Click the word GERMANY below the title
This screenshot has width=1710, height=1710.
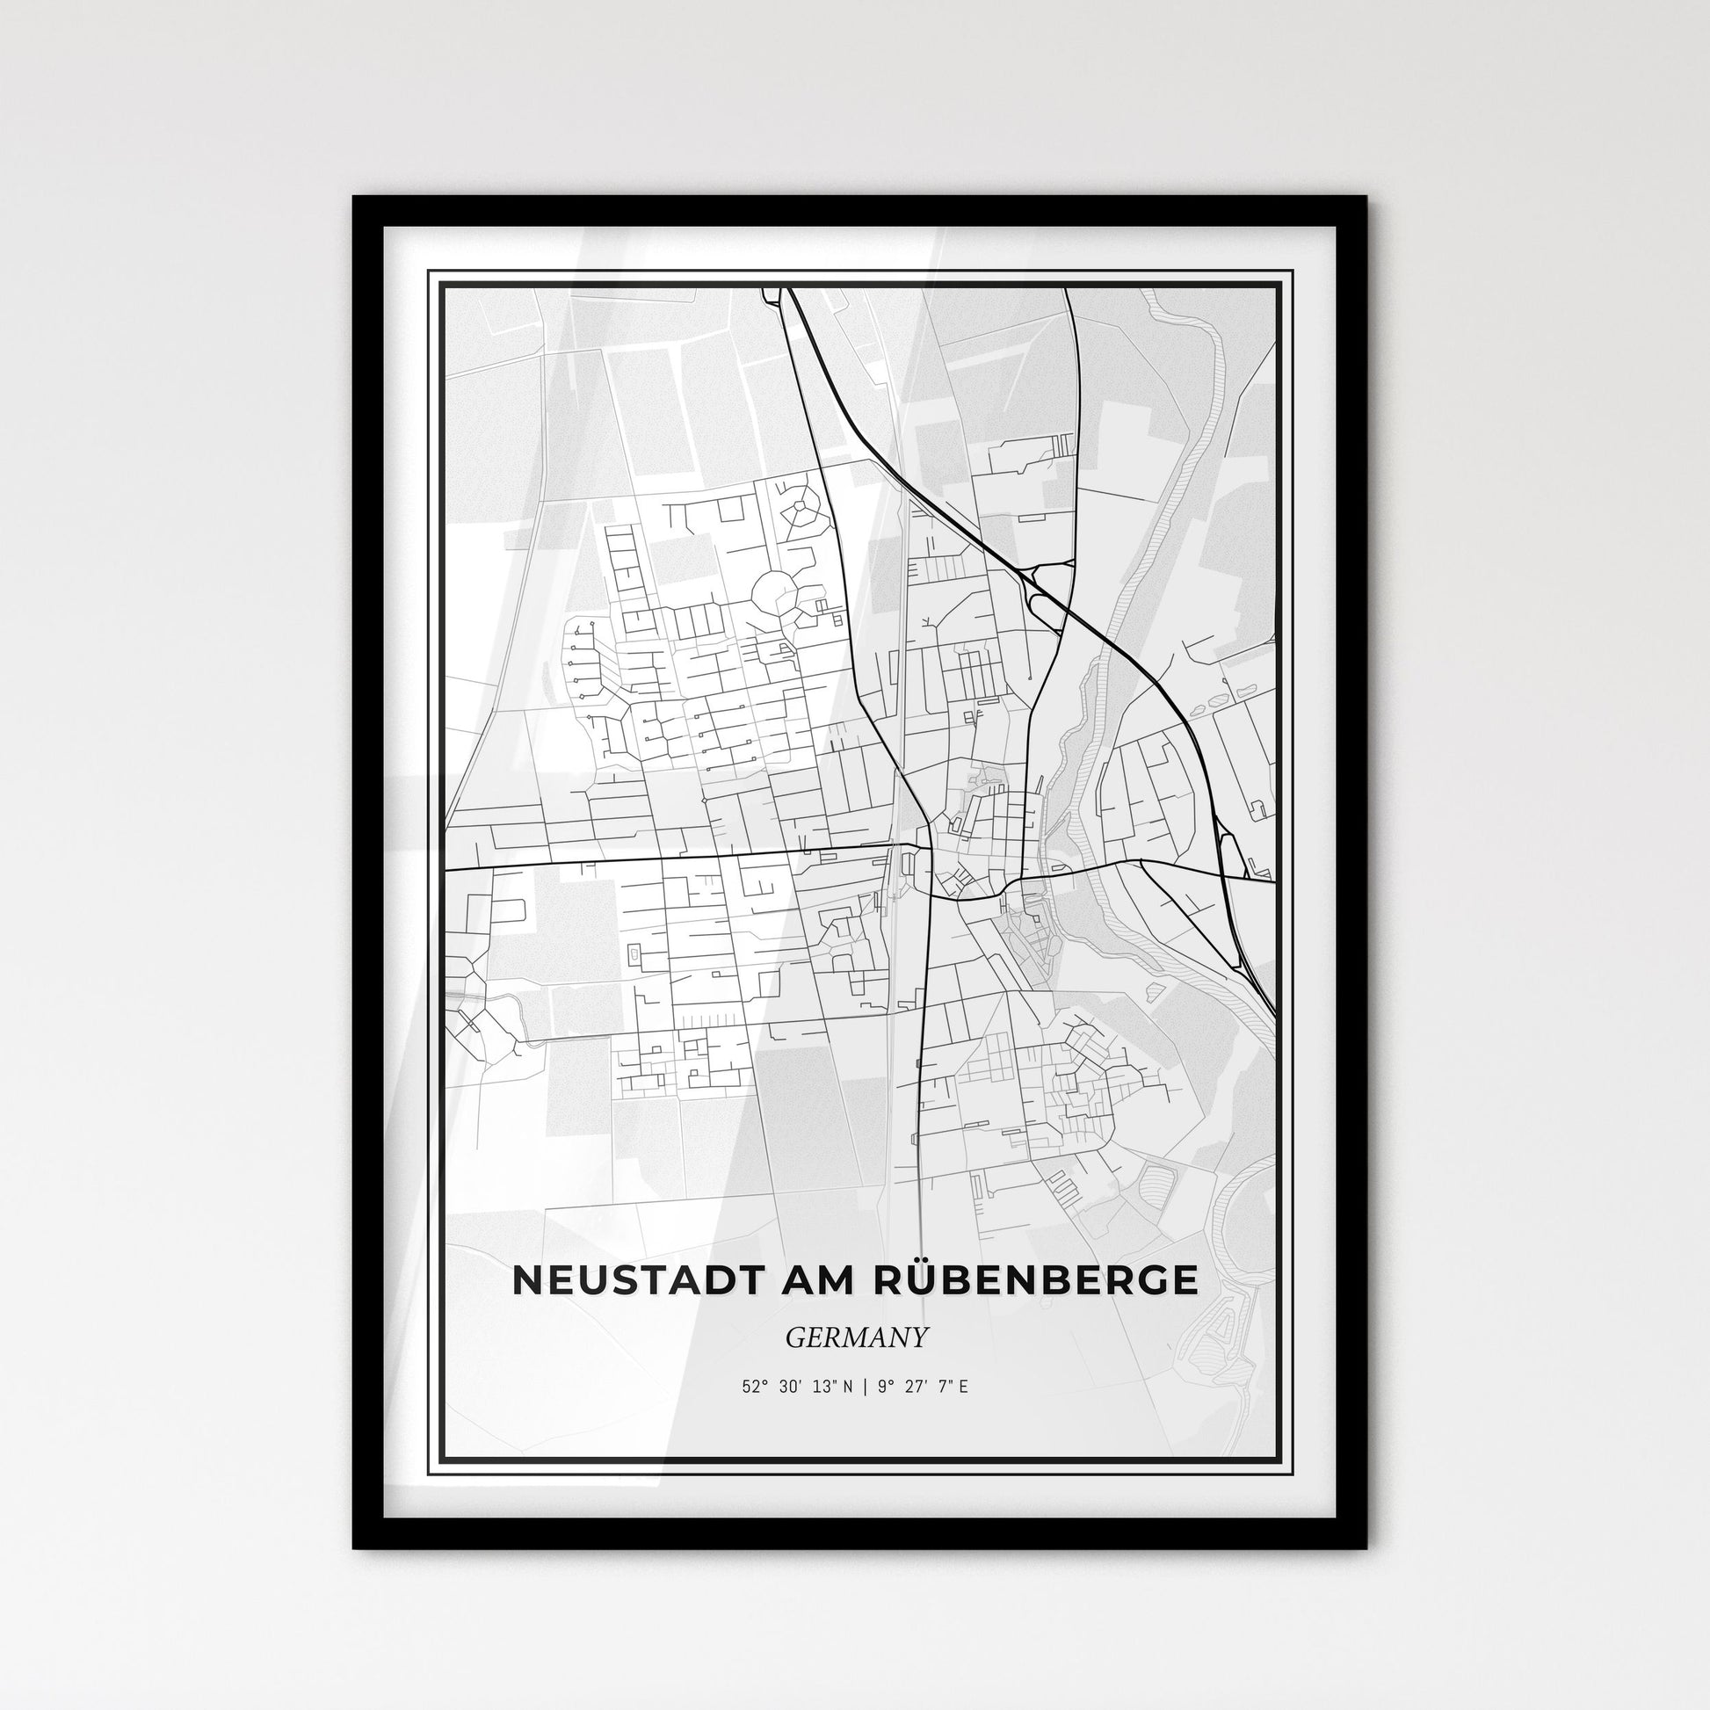pyautogui.click(x=856, y=1337)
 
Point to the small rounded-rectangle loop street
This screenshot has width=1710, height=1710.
pyautogui.click(x=634, y=954)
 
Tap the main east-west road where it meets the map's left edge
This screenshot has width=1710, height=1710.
pyautogui.click(x=448, y=870)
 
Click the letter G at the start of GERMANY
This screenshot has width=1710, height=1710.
pyautogui.click(x=792, y=1337)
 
